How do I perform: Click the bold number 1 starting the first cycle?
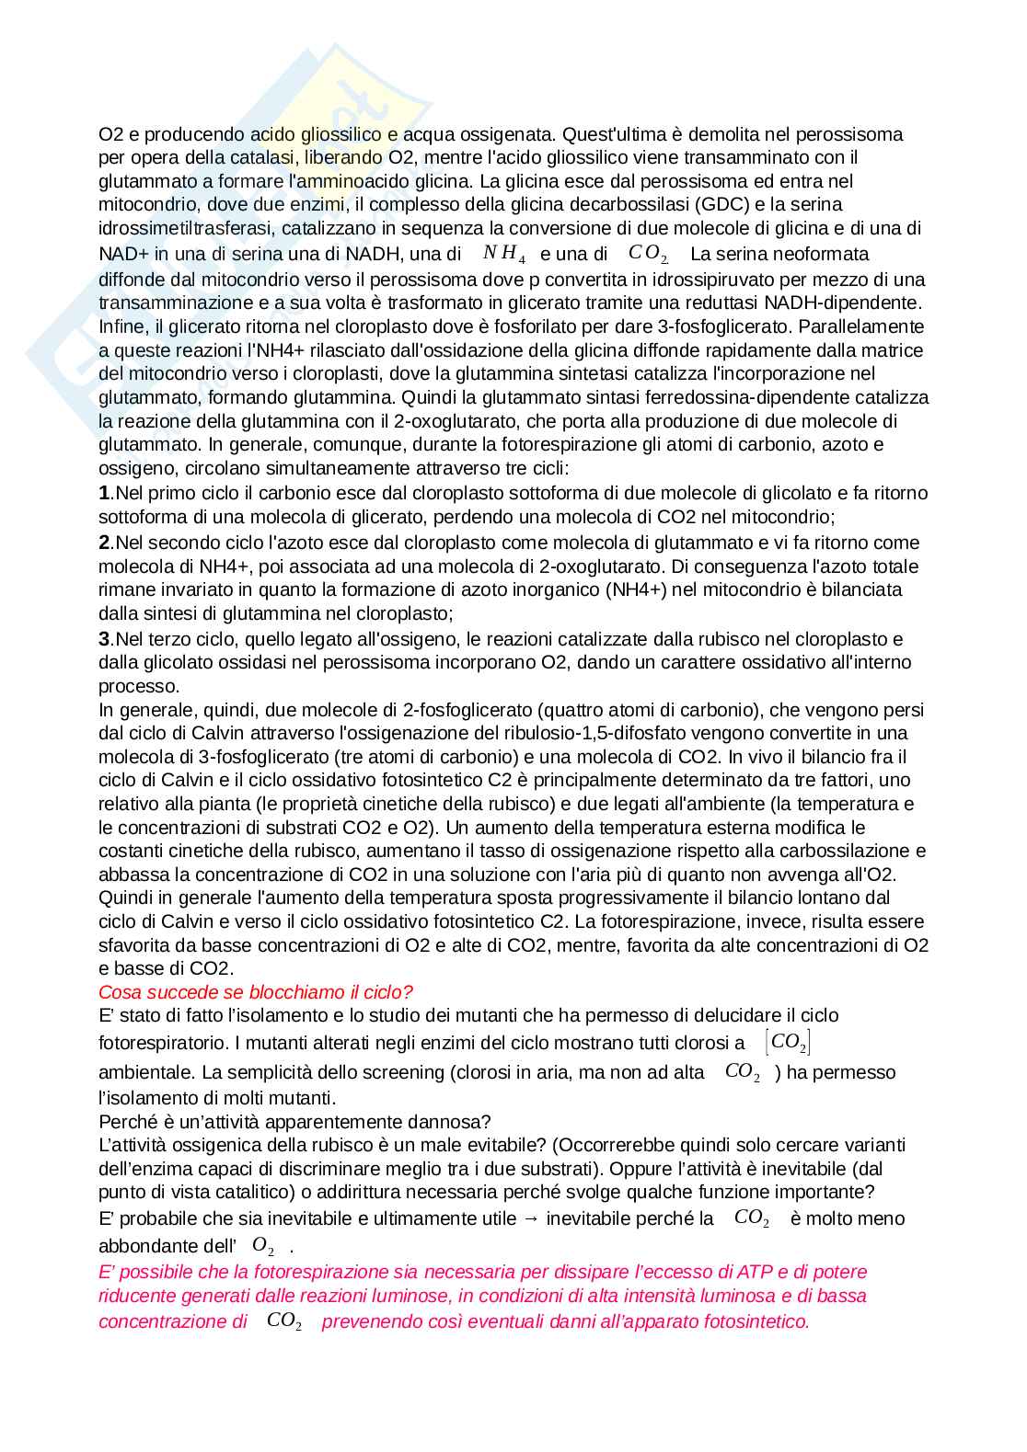point(104,494)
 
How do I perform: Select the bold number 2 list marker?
point(104,543)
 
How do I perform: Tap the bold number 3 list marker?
point(104,639)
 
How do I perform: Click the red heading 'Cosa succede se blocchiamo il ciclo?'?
point(256,992)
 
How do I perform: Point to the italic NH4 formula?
point(504,254)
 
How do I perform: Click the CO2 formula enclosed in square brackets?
point(788,1042)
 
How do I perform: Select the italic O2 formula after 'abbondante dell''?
point(263,1246)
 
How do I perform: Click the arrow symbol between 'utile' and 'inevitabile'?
point(531,1218)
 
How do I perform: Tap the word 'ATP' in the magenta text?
point(752,1272)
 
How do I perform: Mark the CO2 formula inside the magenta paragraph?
point(284,1321)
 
